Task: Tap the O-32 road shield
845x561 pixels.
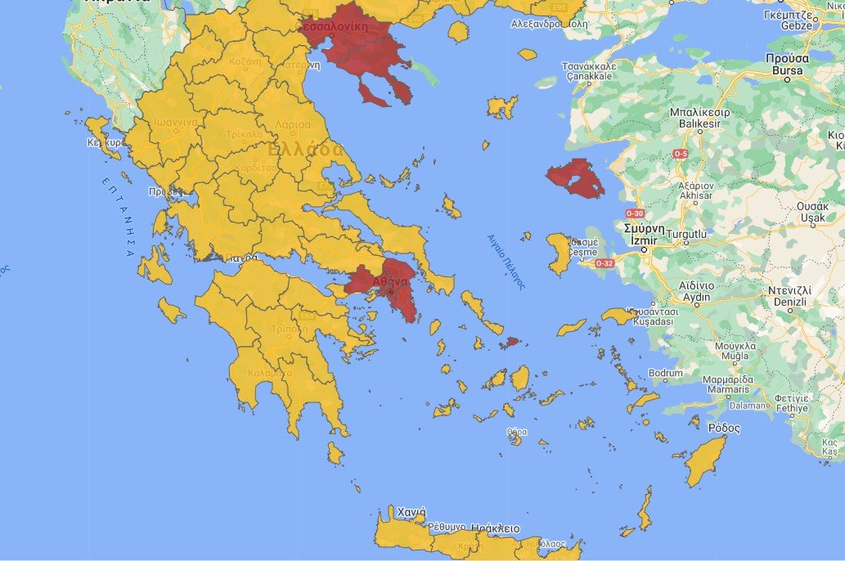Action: (605, 263)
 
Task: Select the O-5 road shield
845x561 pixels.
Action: (681, 154)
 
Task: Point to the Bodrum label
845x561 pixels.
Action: (664, 374)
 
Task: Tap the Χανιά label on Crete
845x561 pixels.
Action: (411, 513)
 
